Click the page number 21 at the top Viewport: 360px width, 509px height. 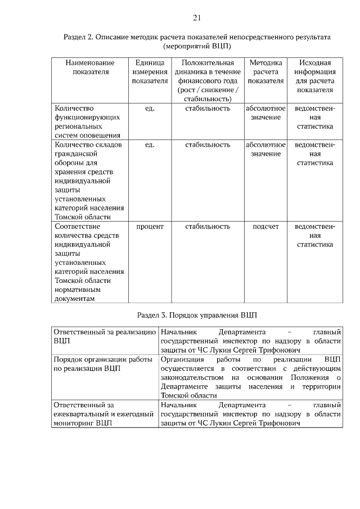pos(197,18)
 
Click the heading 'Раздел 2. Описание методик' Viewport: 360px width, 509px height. pos(197,37)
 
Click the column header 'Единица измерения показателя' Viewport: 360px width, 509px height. pos(150,71)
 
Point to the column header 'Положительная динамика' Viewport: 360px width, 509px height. pos(208,80)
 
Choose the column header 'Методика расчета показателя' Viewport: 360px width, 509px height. pos(265,71)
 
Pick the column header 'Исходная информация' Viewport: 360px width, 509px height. pos(314,76)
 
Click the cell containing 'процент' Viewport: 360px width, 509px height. pos(150,227)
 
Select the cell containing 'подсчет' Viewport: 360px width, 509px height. pos(265,227)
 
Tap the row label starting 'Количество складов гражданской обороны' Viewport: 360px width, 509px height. pos(89,181)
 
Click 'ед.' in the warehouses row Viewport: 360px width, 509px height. pos(150,145)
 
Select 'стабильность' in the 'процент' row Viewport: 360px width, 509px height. pos(208,227)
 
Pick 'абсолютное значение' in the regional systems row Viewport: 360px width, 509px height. pos(265,112)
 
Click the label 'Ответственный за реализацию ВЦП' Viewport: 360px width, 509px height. pos(103,336)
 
